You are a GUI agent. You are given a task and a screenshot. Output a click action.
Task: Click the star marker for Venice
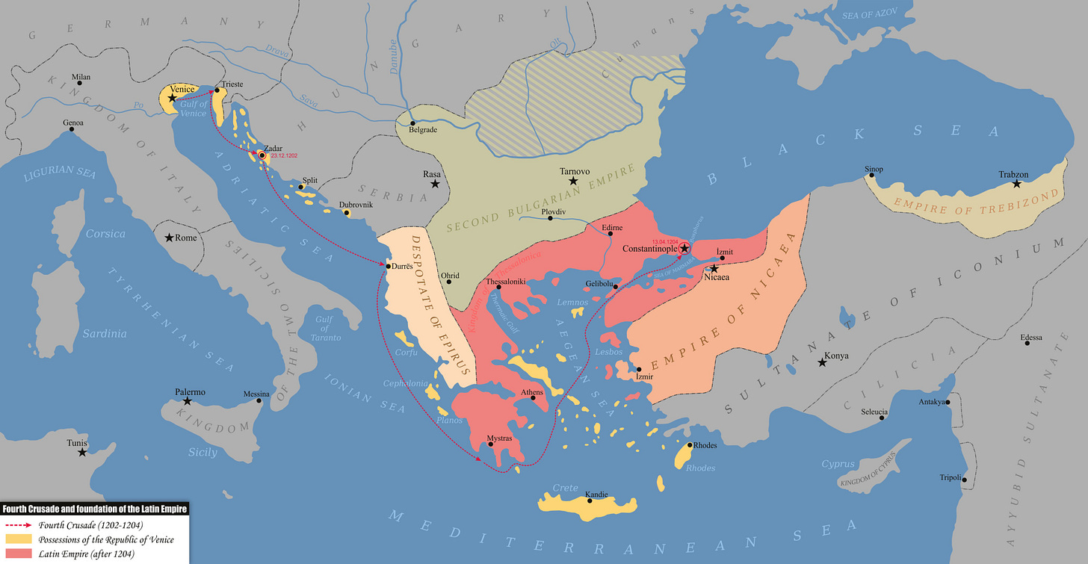click(x=173, y=98)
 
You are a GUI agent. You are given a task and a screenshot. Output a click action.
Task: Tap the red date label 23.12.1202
click(x=285, y=155)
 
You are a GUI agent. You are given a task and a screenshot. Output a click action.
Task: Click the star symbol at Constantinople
click(x=684, y=248)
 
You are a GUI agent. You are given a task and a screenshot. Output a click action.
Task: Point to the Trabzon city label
click(x=1013, y=175)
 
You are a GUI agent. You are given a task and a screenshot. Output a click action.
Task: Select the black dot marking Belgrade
click(x=412, y=122)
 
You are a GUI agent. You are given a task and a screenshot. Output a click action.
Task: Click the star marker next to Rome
click(x=170, y=238)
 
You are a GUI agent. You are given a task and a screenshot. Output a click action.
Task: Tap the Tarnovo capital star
click(x=573, y=181)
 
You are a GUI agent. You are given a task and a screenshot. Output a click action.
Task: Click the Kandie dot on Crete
click(x=590, y=500)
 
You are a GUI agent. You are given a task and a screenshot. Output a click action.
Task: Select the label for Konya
click(x=838, y=356)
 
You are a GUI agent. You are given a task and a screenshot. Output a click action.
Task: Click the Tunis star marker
click(x=82, y=452)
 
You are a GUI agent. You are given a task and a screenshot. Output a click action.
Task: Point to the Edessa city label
click(x=1031, y=338)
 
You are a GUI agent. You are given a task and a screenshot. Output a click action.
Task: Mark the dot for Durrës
click(x=389, y=266)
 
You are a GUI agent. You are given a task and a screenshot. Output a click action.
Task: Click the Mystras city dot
click(x=490, y=444)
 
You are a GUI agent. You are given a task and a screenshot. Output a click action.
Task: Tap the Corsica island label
click(x=105, y=234)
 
